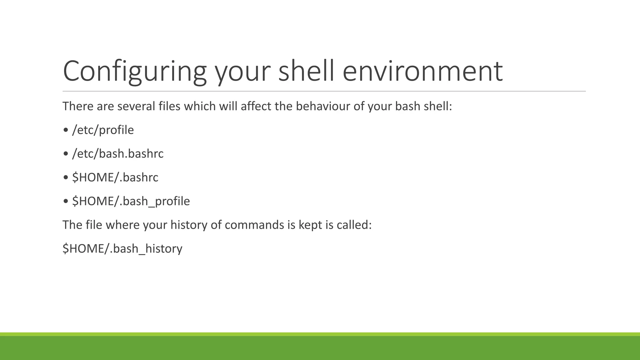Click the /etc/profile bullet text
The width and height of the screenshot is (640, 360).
pyautogui.click(x=103, y=130)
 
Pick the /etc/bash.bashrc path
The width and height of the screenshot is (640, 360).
pyautogui.click(x=118, y=154)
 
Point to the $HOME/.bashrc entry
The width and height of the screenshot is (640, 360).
pyautogui.click(x=115, y=177)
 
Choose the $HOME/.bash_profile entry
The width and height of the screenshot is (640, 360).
pyautogui.click(x=131, y=201)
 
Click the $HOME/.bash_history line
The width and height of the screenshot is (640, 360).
pyautogui.click(x=122, y=249)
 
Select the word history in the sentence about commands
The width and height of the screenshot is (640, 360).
pyautogui.click(x=188, y=225)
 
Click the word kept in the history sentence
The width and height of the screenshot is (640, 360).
pyautogui.click(x=310, y=225)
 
